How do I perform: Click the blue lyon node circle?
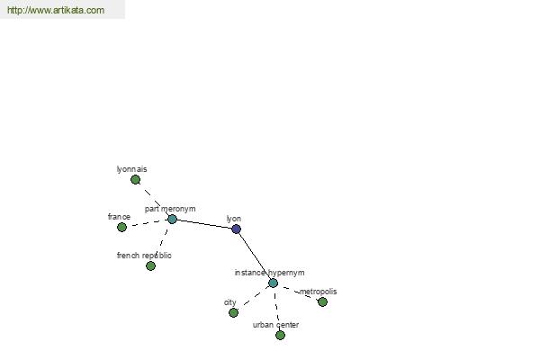(236, 229)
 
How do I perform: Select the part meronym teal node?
(172, 219)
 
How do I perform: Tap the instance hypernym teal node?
(273, 283)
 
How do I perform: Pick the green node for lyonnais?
(135, 179)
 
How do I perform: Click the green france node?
(121, 228)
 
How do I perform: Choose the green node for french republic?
(150, 266)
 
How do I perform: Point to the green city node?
(233, 313)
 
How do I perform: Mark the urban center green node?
(280, 335)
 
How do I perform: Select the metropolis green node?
(323, 302)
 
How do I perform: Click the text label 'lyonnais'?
(132, 169)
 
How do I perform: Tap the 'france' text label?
(119, 217)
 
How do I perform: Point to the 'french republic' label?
(144, 256)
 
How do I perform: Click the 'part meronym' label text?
(170, 209)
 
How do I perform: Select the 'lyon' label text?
(234, 219)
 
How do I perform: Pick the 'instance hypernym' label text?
(270, 273)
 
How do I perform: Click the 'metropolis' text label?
(319, 292)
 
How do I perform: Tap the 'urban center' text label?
(276, 325)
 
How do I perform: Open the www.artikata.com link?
(56, 10)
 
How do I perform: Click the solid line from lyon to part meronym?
(204, 224)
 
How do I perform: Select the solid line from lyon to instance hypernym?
(255, 256)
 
